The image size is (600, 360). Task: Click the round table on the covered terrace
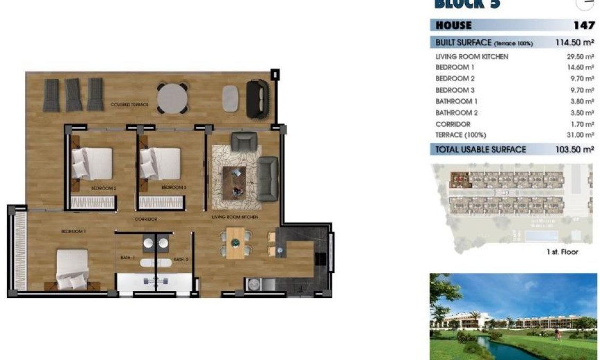(172, 98)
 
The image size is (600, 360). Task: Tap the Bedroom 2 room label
(104, 187)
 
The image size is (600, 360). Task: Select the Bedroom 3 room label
(174, 187)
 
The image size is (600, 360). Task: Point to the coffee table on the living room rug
(234, 182)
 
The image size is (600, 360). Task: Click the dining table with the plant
(235, 243)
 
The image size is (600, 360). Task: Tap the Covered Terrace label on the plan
(130, 105)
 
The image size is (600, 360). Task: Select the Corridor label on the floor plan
(145, 219)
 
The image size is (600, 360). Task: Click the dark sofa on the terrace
(258, 99)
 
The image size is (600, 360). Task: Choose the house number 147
(584, 25)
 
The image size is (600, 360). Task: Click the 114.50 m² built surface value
(574, 43)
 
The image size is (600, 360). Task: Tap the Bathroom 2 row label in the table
(456, 113)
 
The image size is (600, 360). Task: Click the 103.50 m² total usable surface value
(574, 150)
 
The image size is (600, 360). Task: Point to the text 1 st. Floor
(562, 252)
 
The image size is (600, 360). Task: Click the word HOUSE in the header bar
(453, 25)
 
